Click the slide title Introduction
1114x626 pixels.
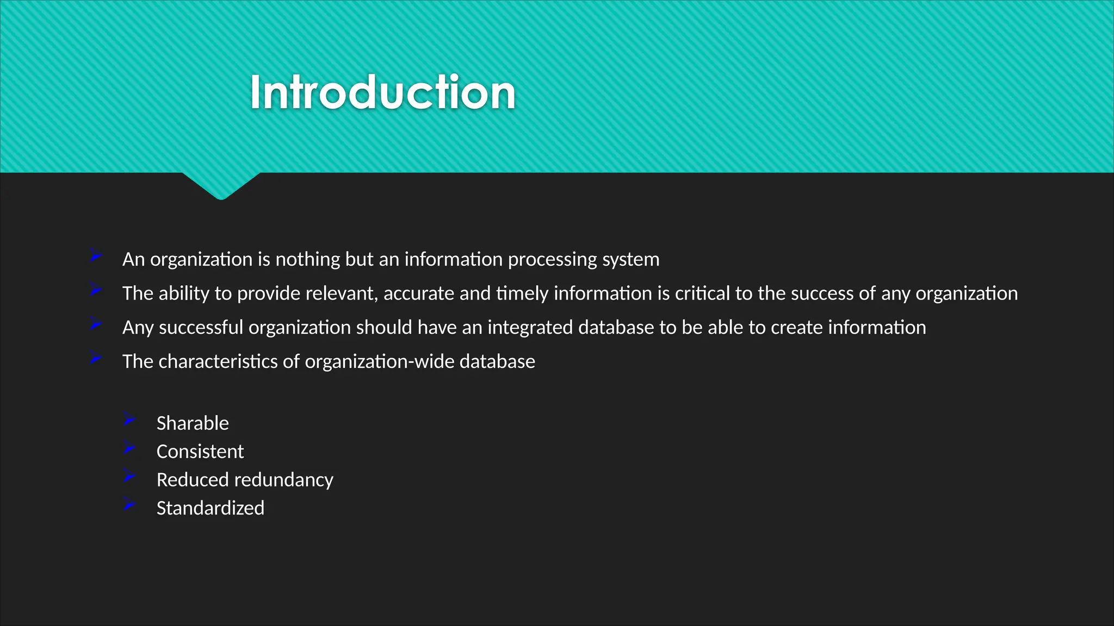(x=382, y=93)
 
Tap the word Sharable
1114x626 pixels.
(x=193, y=423)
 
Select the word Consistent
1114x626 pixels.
(x=200, y=452)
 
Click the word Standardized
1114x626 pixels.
(x=211, y=508)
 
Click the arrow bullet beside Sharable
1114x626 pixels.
(x=129, y=419)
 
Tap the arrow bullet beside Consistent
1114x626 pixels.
(x=129, y=447)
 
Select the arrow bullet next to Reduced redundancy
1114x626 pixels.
(x=129, y=475)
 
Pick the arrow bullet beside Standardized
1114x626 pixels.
(x=129, y=504)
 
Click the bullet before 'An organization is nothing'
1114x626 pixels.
(x=95, y=255)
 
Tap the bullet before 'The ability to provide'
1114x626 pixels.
(x=95, y=290)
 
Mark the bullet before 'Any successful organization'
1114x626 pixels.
(x=95, y=324)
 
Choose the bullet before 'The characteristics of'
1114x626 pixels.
(x=95, y=358)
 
